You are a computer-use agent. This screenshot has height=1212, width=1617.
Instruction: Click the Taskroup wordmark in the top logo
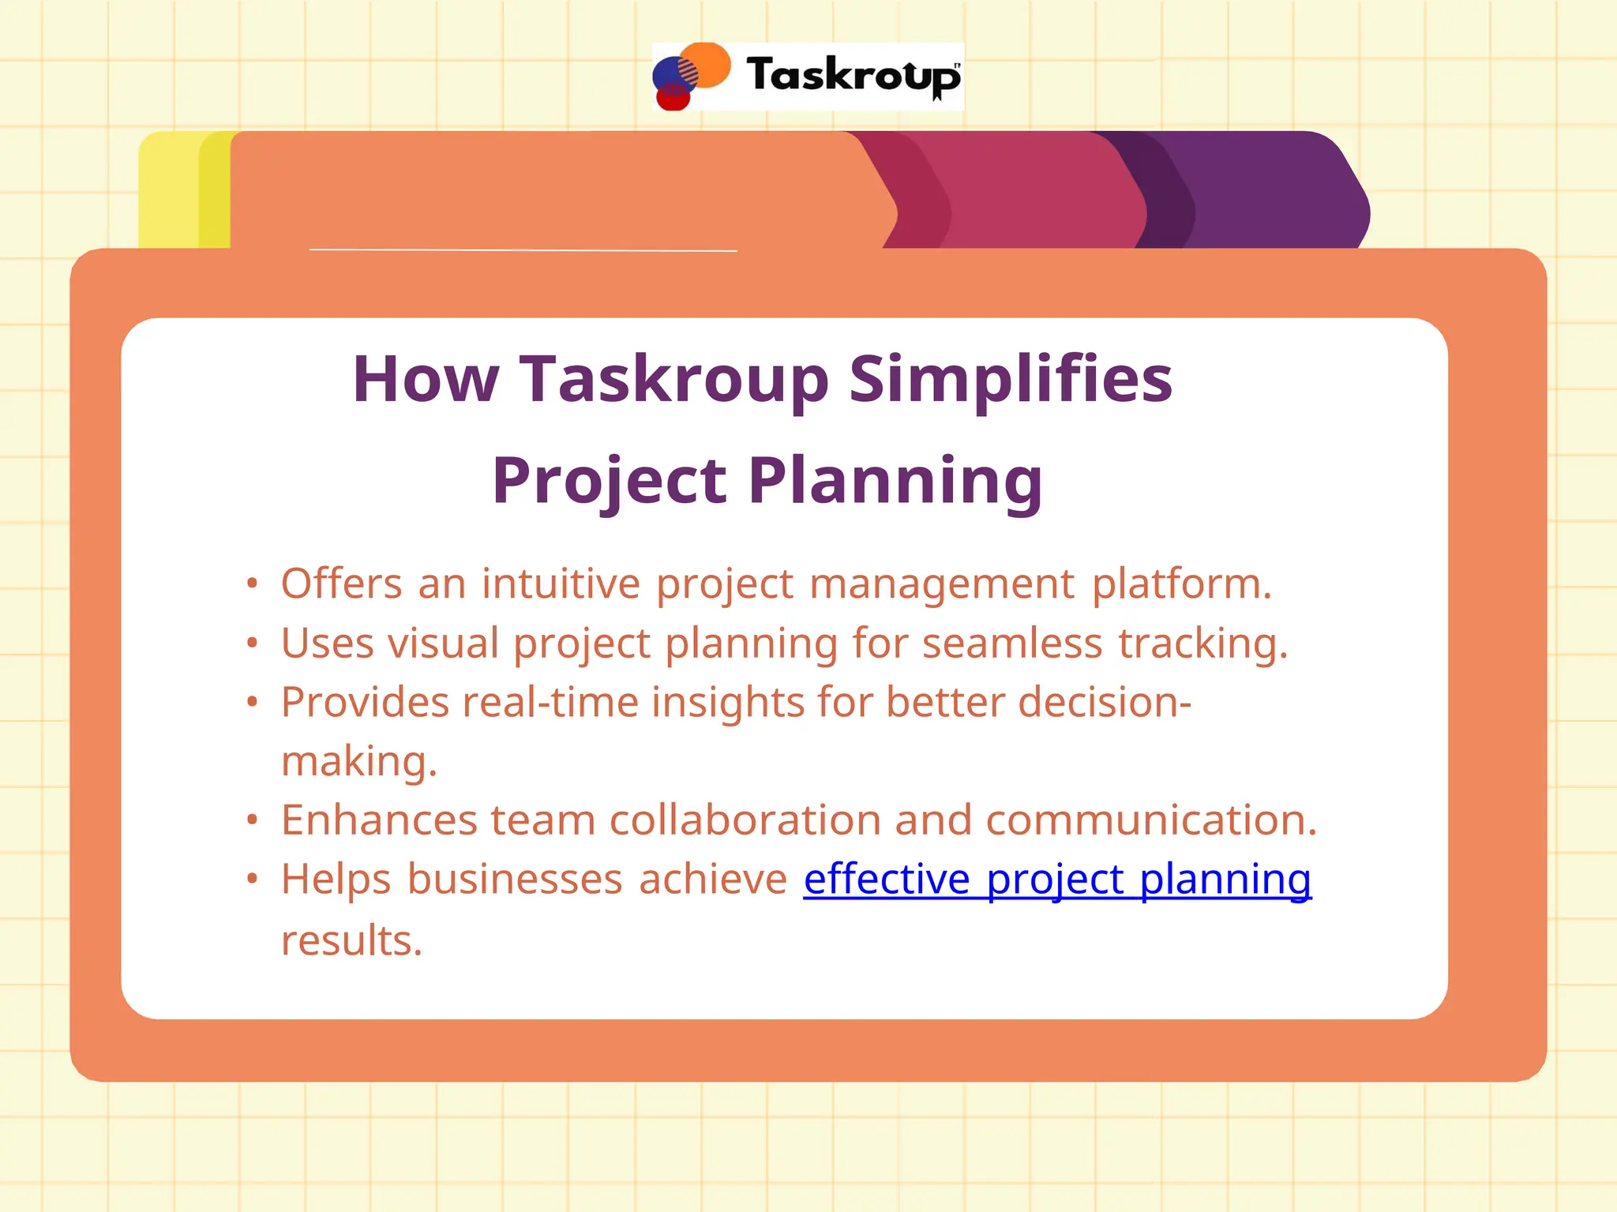[x=853, y=77]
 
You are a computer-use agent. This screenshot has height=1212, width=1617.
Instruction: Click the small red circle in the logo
[x=673, y=99]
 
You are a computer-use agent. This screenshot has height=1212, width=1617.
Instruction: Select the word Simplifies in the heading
[x=1011, y=379]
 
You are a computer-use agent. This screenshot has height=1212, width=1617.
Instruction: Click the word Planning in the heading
[x=895, y=480]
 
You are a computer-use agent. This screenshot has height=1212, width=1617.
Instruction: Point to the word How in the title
[x=426, y=379]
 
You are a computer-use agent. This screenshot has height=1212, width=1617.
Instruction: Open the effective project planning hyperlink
[x=1057, y=879]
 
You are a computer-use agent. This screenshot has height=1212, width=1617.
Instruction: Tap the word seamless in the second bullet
[x=1011, y=643]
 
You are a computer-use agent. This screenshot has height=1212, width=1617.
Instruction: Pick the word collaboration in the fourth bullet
[x=745, y=820]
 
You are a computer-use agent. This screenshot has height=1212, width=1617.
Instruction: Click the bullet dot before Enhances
[x=252, y=820]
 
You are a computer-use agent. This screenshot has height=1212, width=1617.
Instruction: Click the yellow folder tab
[x=170, y=189]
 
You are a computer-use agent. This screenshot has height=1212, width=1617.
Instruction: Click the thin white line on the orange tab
[x=523, y=250]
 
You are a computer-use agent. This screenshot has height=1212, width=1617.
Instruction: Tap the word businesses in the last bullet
[x=515, y=879]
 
